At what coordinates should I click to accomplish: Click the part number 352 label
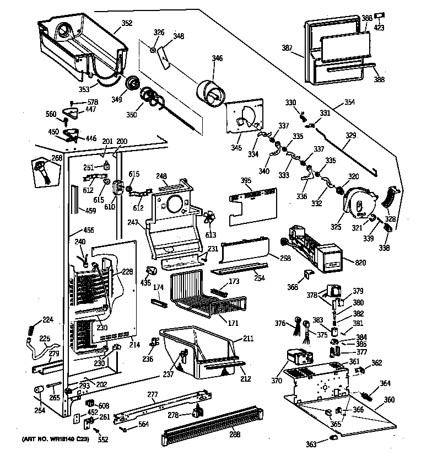[127, 24]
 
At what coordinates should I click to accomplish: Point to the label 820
[360, 263]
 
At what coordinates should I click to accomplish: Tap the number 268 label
[57, 158]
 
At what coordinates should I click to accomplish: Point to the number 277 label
[153, 394]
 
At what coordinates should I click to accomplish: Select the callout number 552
[102, 439]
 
